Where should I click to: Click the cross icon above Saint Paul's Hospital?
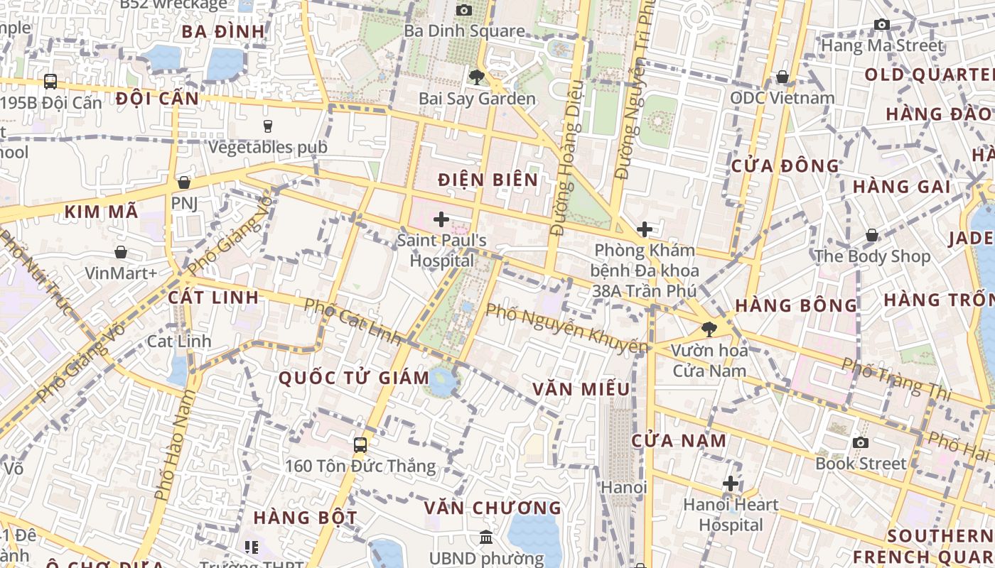tap(441, 219)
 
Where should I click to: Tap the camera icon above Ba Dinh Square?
tap(464, 10)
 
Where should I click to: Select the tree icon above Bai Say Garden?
tap(476, 77)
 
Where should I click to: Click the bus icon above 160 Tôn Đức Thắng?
tap(360, 445)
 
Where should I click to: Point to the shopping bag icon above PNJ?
tap(184, 182)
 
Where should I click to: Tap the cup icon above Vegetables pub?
tap(268, 126)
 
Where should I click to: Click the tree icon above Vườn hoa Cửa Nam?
tap(709, 329)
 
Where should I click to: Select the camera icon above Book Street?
tap(861, 442)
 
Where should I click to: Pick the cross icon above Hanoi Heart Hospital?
tap(731, 484)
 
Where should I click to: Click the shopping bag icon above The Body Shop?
tap(872, 235)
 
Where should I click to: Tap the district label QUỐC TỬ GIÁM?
tap(354, 378)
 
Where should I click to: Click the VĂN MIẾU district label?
tap(581, 389)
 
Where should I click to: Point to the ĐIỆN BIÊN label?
tap(488, 180)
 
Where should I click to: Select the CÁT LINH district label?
tap(214, 297)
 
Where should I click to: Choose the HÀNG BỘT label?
tap(306, 517)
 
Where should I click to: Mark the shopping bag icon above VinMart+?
tap(121, 252)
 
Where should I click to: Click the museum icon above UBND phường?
tap(486, 537)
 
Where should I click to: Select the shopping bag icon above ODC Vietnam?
tap(782, 77)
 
